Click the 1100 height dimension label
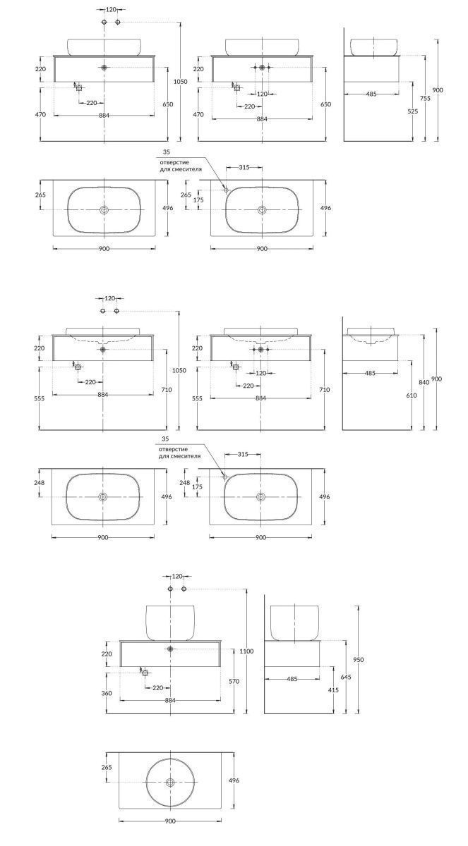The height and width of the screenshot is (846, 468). (x=246, y=651)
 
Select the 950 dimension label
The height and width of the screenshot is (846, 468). (x=358, y=660)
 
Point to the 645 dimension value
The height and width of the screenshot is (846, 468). (x=346, y=677)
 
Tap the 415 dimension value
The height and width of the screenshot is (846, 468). (x=333, y=690)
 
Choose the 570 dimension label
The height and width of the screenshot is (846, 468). (x=234, y=681)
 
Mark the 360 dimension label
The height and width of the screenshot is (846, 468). (x=107, y=693)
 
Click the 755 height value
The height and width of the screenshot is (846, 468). (x=425, y=98)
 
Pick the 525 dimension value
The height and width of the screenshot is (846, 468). (x=413, y=111)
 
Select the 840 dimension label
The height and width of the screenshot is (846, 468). (x=424, y=382)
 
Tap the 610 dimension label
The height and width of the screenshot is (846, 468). (x=412, y=396)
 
